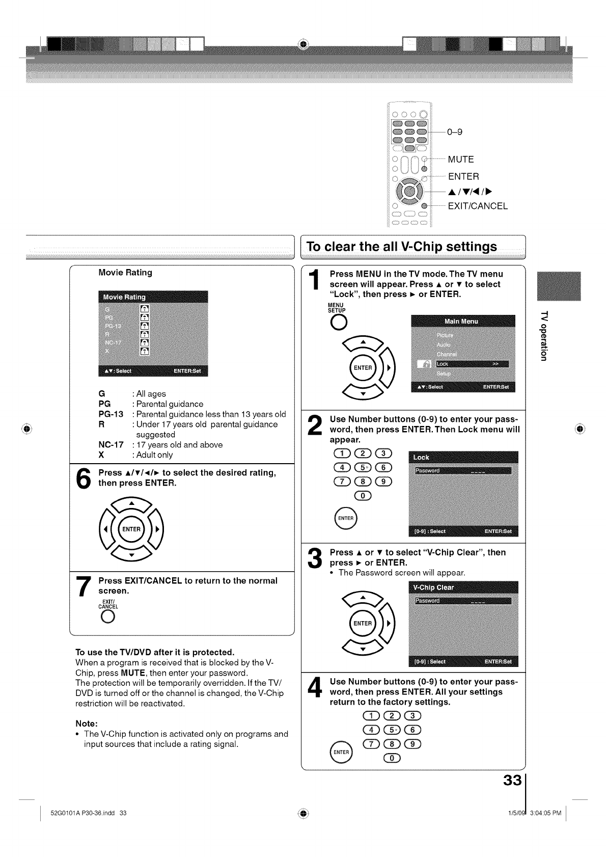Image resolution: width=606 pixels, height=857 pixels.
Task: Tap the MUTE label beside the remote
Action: (x=461, y=159)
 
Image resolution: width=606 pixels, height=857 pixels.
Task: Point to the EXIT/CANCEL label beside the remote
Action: (x=478, y=206)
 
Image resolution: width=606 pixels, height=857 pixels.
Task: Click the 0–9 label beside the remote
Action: (x=455, y=132)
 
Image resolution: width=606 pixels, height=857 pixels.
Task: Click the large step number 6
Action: (x=82, y=478)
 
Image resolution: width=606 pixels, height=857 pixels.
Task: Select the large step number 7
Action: (x=82, y=587)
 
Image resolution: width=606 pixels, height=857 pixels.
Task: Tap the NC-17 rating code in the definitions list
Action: (x=111, y=445)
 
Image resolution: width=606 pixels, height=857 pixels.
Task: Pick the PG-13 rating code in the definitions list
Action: (x=111, y=414)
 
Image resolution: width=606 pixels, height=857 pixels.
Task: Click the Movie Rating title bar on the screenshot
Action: (x=153, y=297)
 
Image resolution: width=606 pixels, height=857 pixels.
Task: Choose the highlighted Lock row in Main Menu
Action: (x=469, y=364)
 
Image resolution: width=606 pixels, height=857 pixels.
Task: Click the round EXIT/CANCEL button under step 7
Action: (x=107, y=617)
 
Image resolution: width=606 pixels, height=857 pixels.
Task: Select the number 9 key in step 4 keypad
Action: (x=413, y=745)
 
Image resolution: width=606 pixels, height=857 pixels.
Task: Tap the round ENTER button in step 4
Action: (x=341, y=753)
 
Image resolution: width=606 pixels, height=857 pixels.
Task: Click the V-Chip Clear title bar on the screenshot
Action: (x=463, y=587)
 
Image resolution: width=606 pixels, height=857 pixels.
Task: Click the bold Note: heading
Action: (x=87, y=724)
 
